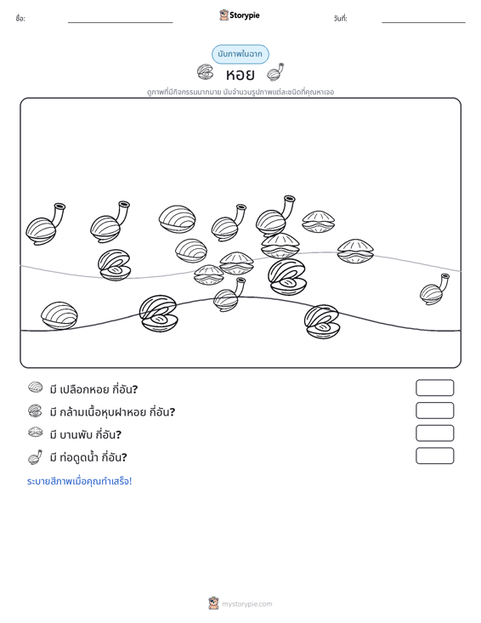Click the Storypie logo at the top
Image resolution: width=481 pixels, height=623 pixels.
point(240,15)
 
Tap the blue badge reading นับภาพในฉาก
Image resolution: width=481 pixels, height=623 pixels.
point(240,54)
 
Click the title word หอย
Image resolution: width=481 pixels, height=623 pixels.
point(240,74)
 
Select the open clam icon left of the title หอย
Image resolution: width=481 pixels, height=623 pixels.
point(206,72)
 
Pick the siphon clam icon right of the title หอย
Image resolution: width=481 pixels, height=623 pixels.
point(275,72)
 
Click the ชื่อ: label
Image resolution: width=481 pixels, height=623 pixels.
point(20,19)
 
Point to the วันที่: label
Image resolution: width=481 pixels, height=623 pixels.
point(341,19)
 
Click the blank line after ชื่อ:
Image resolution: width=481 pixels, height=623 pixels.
point(121,22)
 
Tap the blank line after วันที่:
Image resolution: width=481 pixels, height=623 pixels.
point(423,22)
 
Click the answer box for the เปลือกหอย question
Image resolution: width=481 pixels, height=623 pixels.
point(435,388)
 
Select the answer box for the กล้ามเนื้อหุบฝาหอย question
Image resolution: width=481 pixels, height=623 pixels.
point(435,411)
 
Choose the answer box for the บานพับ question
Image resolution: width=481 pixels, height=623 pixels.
point(435,433)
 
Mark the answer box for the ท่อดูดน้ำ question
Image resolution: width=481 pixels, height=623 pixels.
point(435,456)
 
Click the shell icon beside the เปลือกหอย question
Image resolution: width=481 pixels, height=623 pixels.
point(36,388)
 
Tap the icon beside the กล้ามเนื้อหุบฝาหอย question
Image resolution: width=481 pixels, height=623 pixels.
point(35,411)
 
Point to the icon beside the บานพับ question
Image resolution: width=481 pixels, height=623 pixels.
point(36,433)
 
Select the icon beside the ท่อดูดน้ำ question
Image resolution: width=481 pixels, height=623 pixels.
point(36,457)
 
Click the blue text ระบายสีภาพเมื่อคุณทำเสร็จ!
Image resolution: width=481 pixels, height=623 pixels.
point(79,481)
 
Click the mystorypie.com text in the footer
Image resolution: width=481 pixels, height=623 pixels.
point(247,604)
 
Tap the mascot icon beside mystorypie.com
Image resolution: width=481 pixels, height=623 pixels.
point(213,603)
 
